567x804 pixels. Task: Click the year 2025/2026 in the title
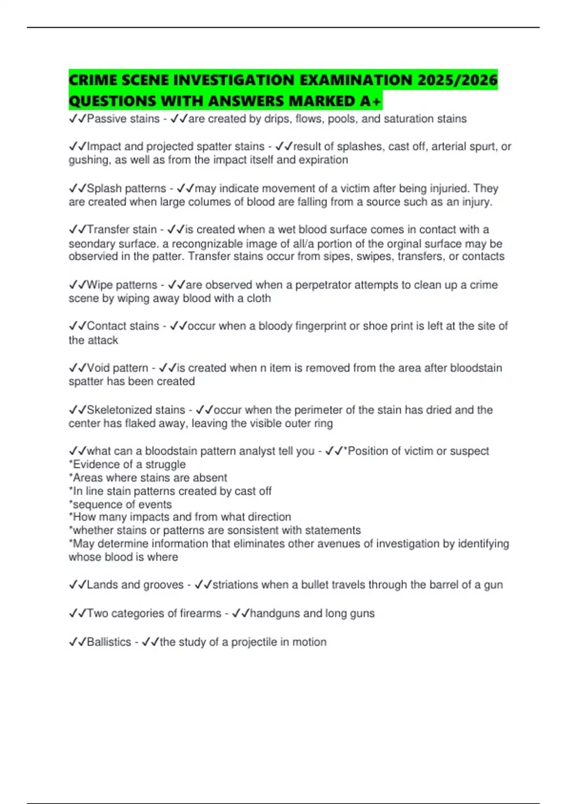point(457,80)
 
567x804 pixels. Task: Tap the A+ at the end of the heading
point(370,101)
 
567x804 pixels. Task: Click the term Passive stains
point(123,119)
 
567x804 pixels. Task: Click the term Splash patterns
point(126,188)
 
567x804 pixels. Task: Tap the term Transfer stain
point(121,229)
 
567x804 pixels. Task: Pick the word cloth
point(259,298)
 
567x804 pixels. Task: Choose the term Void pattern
point(117,368)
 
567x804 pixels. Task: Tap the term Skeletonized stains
point(136,410)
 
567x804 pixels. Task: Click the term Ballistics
point(109,642)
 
